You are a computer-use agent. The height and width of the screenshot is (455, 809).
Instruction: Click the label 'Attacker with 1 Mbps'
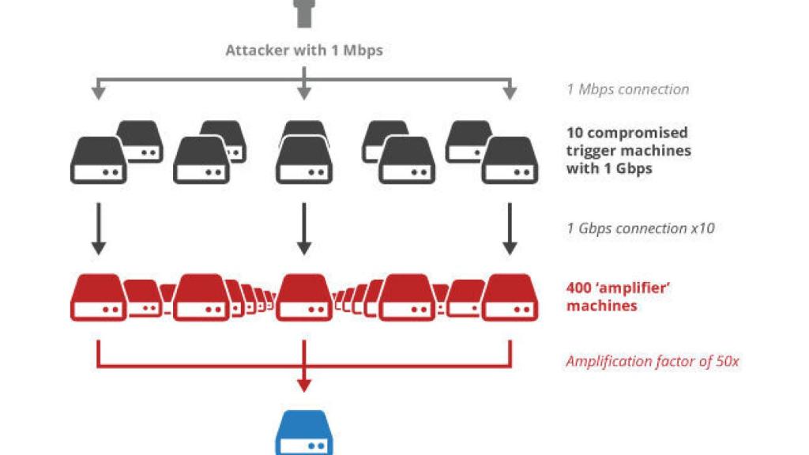pyautogui.click(x=303, y=51)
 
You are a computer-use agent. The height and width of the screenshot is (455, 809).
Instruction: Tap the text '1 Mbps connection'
pyautogui.click(x=627, y=89)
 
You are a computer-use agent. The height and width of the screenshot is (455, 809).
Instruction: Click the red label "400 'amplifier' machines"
pyautogui.click(x=619, y=296)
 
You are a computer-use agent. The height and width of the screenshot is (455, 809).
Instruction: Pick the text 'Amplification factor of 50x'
pyautogui.click(x=653, y=362)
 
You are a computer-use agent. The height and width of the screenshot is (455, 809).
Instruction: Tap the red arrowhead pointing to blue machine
pyautogui.click(x=304, y=385)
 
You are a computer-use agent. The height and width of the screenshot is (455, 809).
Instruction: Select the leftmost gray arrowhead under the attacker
pyautogui.click(x=98, y=93)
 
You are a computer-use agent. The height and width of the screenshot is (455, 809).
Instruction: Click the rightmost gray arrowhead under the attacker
pyautogui.click(x=510, y=93)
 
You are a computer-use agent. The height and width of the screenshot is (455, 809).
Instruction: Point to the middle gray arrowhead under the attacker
pyautogui.click(x=304, y=93)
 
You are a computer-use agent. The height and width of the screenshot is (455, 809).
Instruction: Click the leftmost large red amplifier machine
pyautogui.click(x=98, y=298)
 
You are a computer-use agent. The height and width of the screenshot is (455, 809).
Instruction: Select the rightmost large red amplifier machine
pyautogui.click(x=510, y=298)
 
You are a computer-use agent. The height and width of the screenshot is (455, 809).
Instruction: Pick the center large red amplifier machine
pyautogui.click(x=304, y=298)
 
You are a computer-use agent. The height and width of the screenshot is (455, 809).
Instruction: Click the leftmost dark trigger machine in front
pyautogui.click(x=98, y=160)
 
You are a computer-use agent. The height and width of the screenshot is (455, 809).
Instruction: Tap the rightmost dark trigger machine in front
pyautogui.click(x=510, y=160)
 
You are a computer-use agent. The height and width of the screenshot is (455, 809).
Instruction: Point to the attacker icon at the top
pyautogui.click(x=304, y=13)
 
